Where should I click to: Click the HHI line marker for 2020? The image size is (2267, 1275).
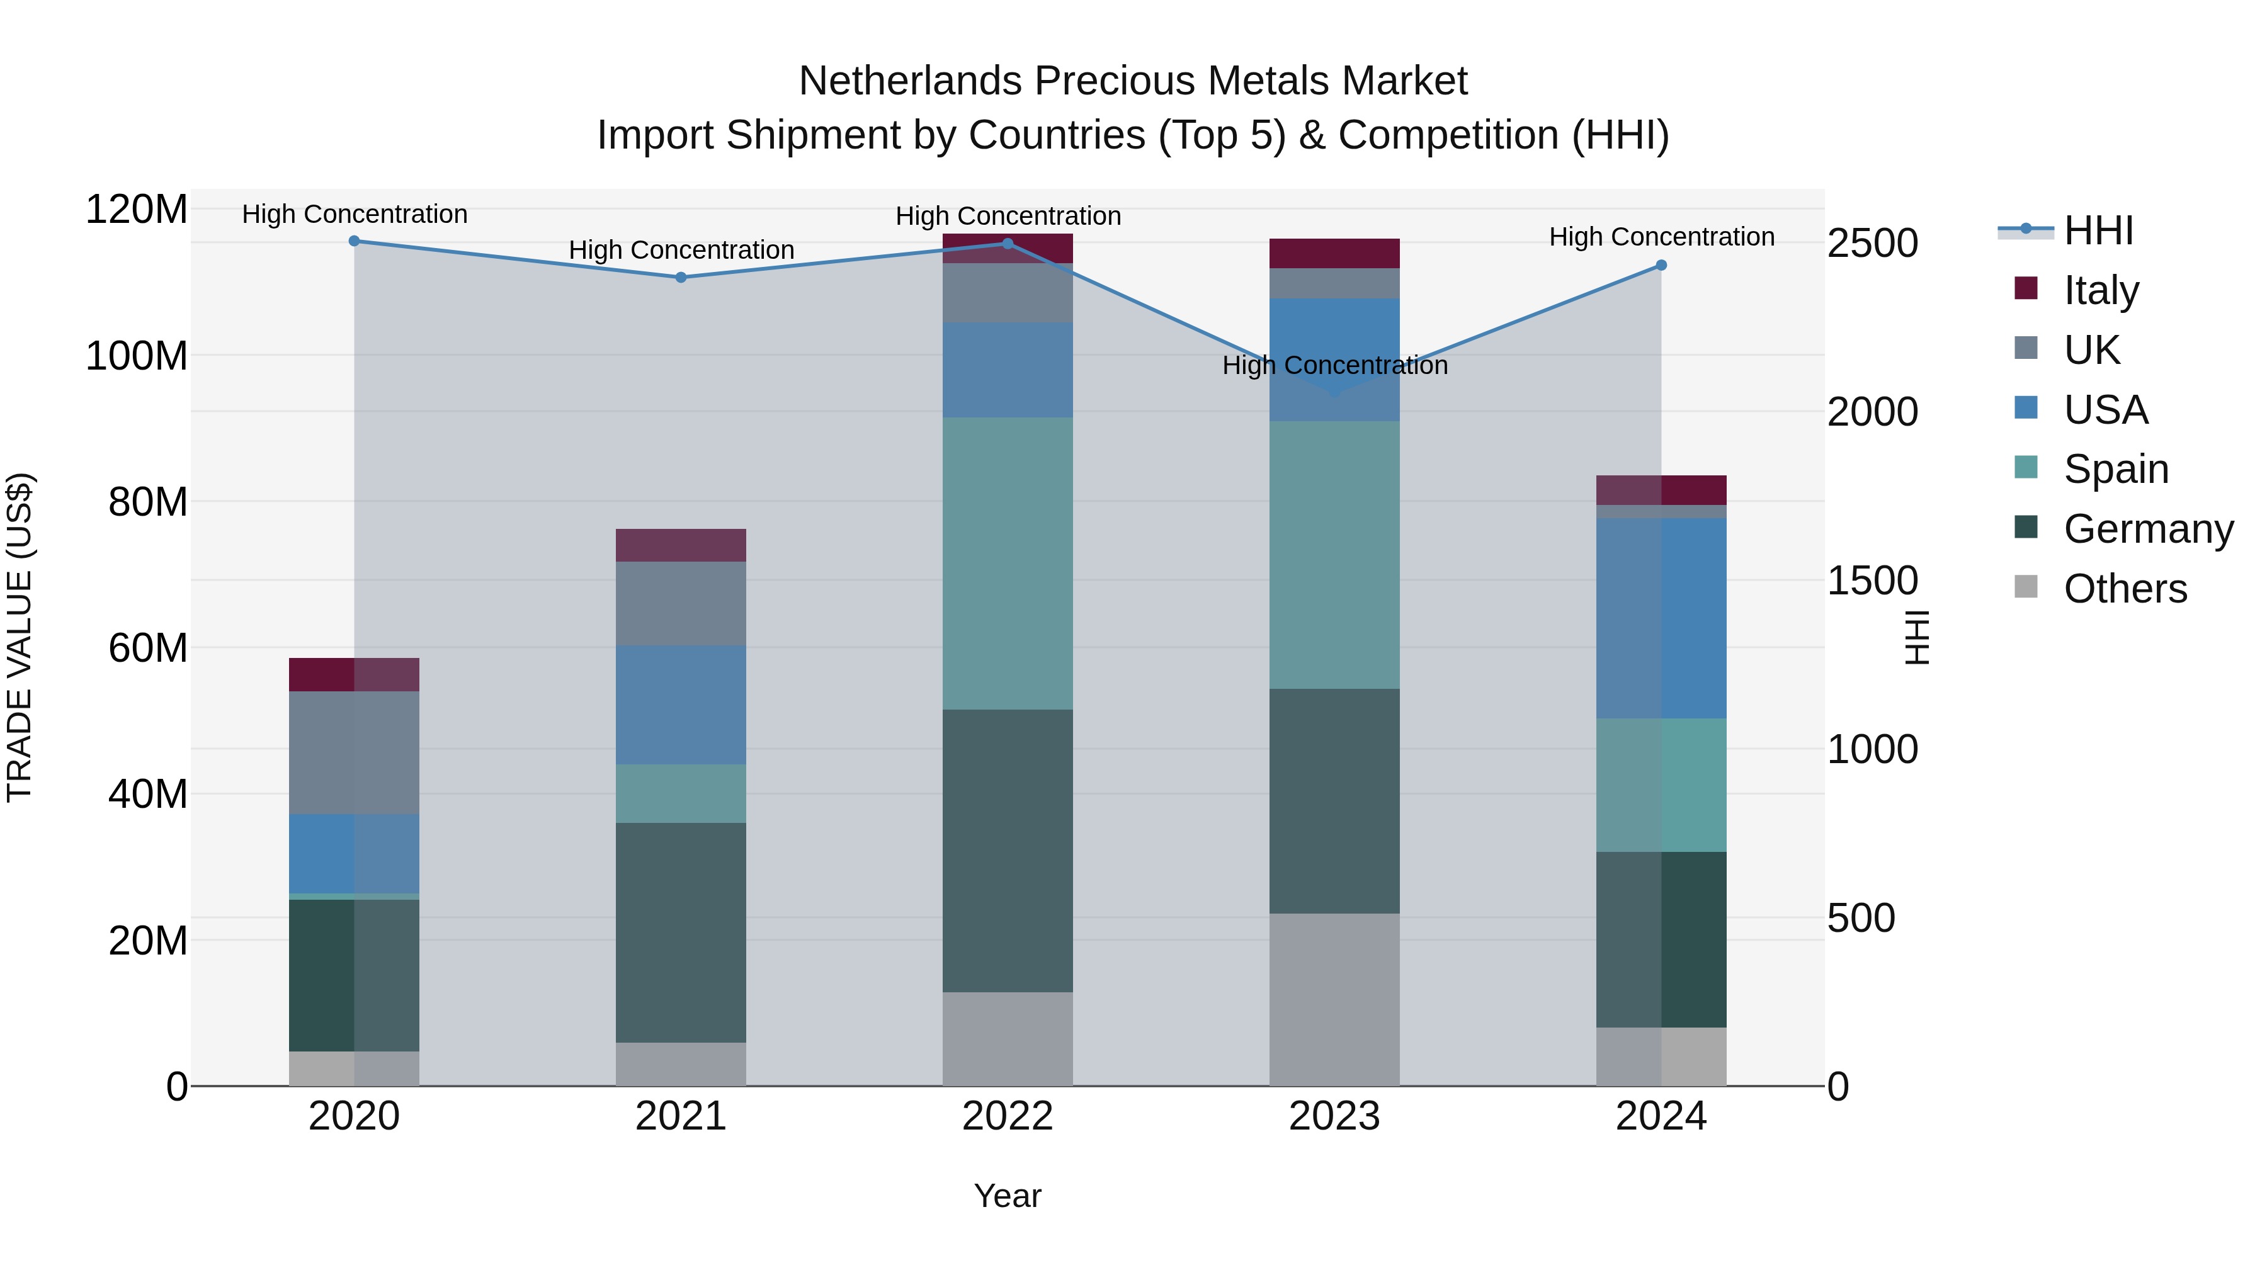(354, 241)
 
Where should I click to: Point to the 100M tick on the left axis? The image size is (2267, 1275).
(137, 356)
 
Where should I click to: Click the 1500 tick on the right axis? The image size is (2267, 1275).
(1873, 581)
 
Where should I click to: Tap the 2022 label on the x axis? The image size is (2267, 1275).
(1007, 1116)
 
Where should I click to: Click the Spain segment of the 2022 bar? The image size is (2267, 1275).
(1007, 563)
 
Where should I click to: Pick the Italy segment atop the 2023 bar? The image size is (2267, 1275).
(1334, 253)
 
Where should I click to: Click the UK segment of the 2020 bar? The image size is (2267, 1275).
(354, 752)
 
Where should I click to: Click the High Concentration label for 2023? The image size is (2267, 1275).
(1334, 365)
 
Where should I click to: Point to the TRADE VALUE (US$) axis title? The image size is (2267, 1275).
(20, 637)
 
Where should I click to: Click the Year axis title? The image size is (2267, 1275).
(1007, 1196)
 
